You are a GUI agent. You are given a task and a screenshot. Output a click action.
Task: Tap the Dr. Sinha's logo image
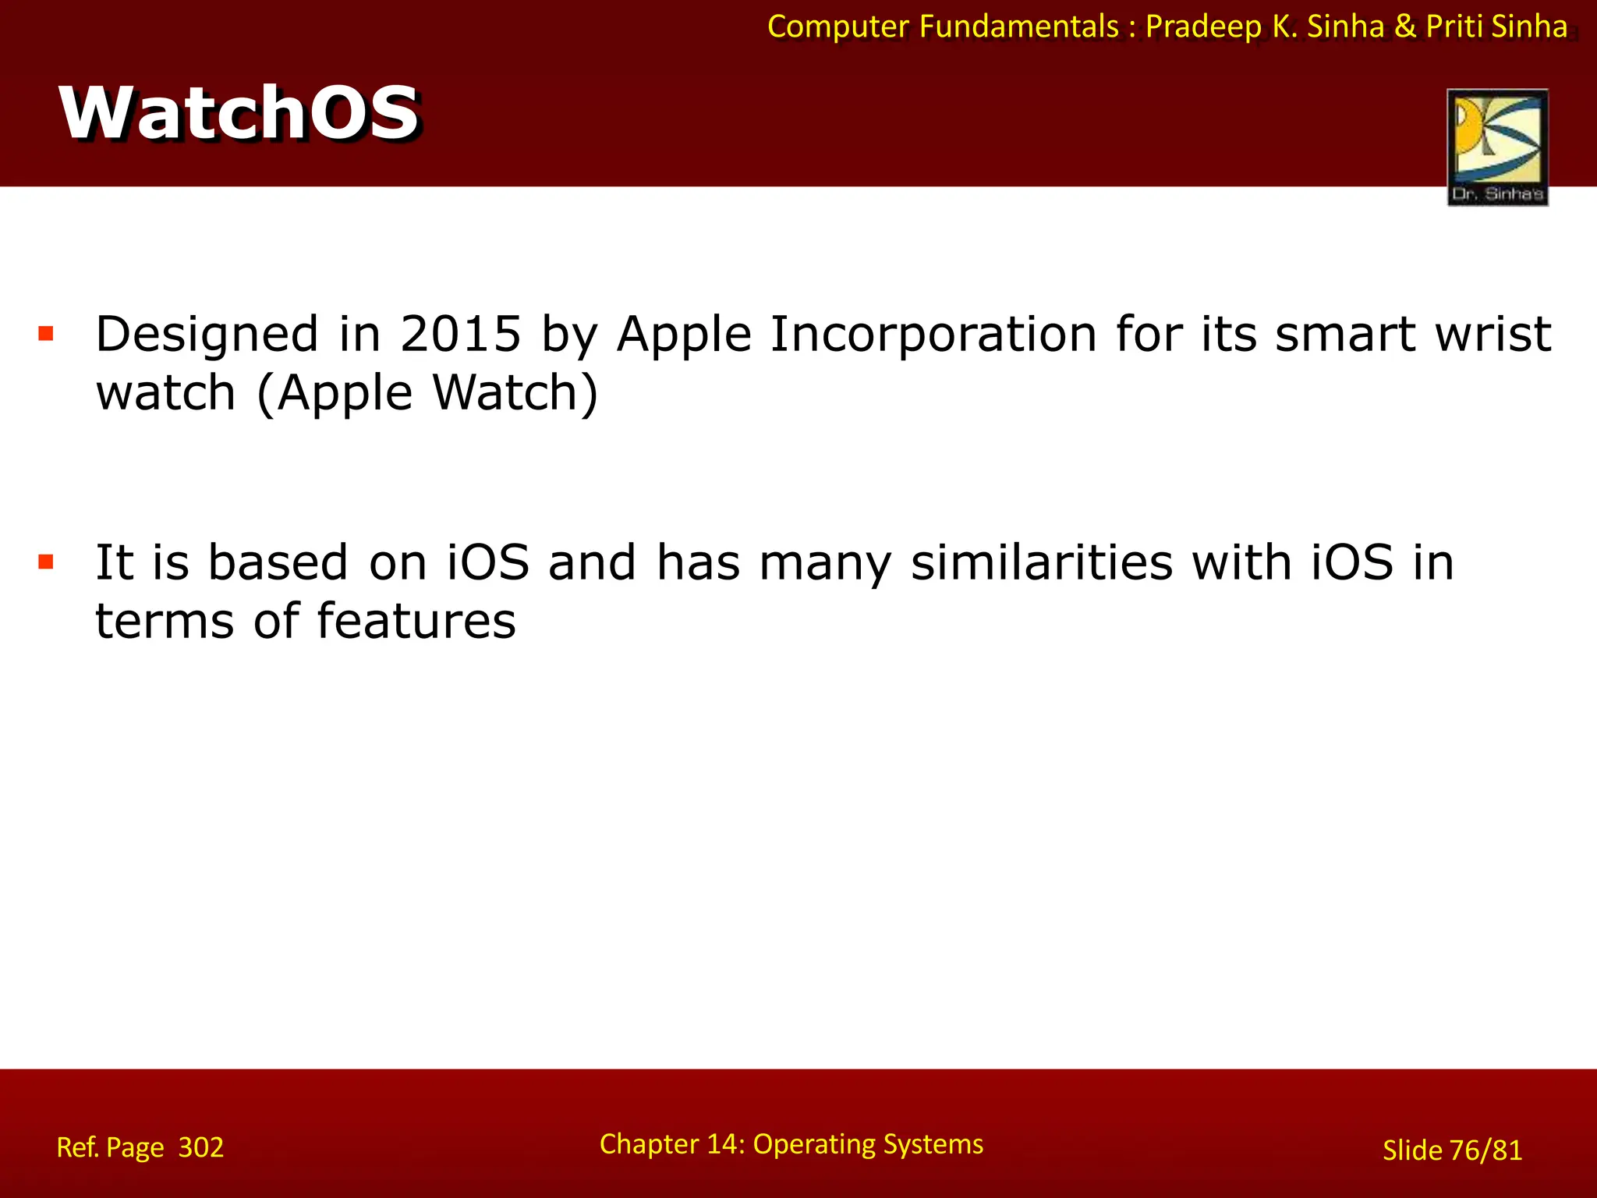(x=1496, y=147)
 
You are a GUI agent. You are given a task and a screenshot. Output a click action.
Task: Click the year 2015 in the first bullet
(x=460, y=334)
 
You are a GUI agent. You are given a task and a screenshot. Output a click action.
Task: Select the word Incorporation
(x=933, y=334)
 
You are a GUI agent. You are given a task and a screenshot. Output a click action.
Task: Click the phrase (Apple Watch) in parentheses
(x=427, y=392)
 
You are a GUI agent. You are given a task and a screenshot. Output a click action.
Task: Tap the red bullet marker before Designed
(x=46, y=335)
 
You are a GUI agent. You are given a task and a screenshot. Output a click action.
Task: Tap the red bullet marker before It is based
(x=46, y=562)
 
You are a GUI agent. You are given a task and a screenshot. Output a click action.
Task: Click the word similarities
(x=1041, y=562)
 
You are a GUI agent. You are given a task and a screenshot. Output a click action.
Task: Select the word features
(x=416, y=621)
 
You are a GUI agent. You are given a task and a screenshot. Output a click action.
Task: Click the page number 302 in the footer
(x=200, y=1147)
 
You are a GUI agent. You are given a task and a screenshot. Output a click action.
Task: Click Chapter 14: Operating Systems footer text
(x=791, y=1144)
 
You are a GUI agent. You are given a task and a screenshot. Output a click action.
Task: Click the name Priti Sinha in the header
(x=1496, y=27)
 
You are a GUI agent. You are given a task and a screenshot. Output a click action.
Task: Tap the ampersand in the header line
(x=1404, y=27)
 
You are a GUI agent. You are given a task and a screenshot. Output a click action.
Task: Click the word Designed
(x=207, y=334)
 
